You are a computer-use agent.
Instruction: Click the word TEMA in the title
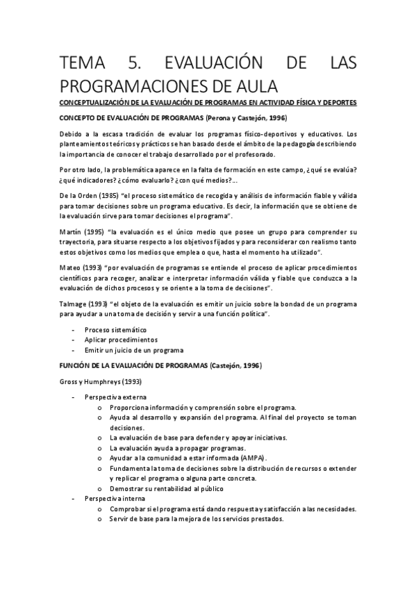pyautogui.click(x=81, y=65)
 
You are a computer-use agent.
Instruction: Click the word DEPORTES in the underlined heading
pyautogui.click(x=338, y=103)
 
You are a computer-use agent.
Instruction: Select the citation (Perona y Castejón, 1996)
pyautogui.click(x=239, y=119)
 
